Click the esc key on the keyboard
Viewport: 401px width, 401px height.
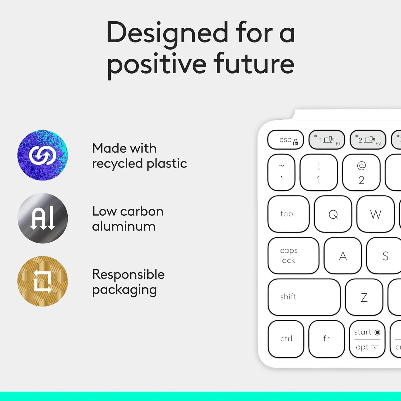pyautogui.click(x=286, y=140)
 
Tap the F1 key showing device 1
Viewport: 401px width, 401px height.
pyautogui.click(x=327, y=140)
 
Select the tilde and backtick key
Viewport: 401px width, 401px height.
pyautogui.click(x=281, y=172)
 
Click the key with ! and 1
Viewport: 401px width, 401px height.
pyautogui.click(x=319, y=172)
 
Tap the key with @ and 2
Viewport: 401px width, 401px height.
pyautogui.click(x=361, y=172)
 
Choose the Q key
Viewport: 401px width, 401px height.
pyautogui.click(x=333, y=214)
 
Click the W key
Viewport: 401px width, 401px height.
pyautogui.click(x=375, y=214)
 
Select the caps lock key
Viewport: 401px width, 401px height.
pyautogui.click(x=293, y=256)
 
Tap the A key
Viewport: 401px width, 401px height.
pyautogui.click(x=343, y=256)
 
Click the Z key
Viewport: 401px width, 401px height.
pyautogui.click(x=364, y=297)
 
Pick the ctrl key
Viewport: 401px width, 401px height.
pyautogui.click(x=286, y=339)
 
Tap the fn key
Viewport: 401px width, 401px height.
pyautogui.click(x=327, y=339)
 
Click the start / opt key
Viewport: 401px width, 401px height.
pyautogui.click(x=367, y=339)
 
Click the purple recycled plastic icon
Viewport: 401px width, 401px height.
pyautogui.click(x=43, y=155)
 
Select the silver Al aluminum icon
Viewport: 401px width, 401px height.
pyautogui.click(x=43, y=218)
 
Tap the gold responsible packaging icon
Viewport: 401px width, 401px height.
pyautogui.click(x=43, y=281)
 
